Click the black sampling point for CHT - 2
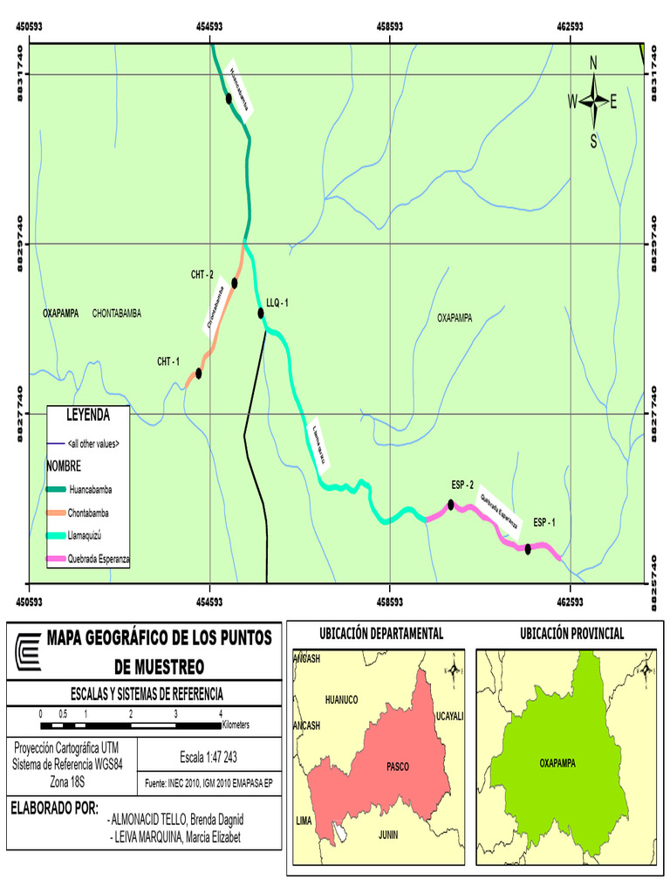pos(235,283)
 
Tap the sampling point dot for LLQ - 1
pos(260,313)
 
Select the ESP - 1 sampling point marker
pos(528,548)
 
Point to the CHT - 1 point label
pos(168,361)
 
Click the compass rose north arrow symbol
pos(593,102)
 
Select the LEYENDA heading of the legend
pos(88,414)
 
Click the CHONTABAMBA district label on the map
pos(116,313)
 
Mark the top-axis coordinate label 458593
pos(389,27)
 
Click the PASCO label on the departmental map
pos(397,767)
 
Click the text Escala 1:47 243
pos(207,754)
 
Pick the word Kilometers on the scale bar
pos(248,725)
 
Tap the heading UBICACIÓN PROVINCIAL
pos(571,634)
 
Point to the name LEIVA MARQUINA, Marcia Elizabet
pos(175,838)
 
